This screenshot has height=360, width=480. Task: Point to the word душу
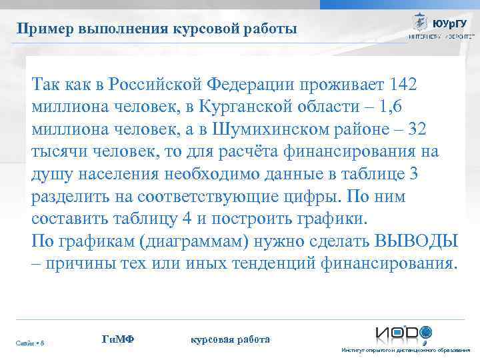pyautogui.click(x=51, y=173)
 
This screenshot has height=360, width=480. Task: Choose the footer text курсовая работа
pyautogui.click(x=230, y=339)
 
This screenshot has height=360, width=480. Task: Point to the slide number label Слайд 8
pyautogui.click(x=31, y=343)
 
